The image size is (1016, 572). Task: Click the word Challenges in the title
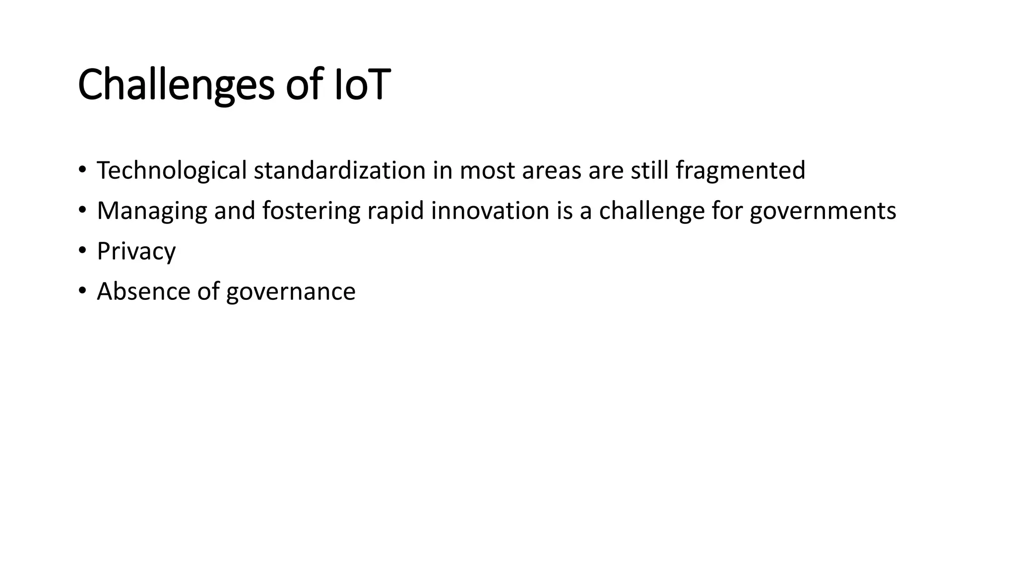click(176, 85)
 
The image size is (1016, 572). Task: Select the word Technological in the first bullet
click(172, 170)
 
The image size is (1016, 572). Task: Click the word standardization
click(340, 170)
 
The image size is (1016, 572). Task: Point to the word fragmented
click(740, 170)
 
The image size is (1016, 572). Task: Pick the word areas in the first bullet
click(551, 170)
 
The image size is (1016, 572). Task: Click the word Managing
click(152, 211)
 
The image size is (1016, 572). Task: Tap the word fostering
click(311, 211)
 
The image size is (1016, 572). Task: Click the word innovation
click(490, 211)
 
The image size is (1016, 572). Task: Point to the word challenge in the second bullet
click(652, 211)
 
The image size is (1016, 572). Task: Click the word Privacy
click(136, 251)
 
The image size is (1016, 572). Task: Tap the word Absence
click(143, 291)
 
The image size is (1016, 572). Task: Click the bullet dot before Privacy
click(82, 249)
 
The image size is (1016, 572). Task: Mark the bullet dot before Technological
click(82, 169)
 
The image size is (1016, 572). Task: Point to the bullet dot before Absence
click(82, 289)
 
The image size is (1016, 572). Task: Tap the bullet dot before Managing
click(82, 209)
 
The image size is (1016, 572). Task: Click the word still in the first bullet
click(649, 170)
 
